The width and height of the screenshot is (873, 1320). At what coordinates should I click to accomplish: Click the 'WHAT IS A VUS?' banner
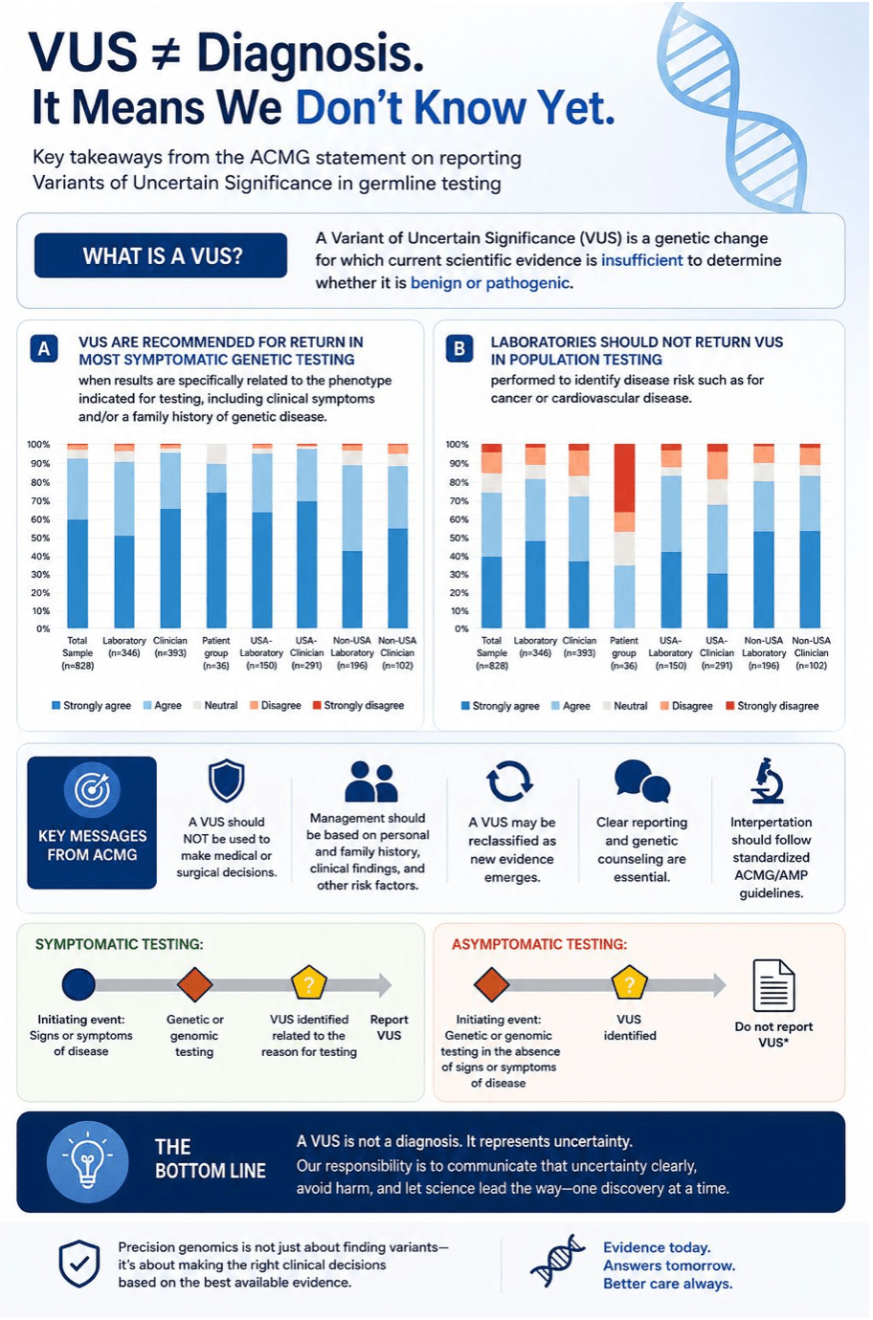point(161,255)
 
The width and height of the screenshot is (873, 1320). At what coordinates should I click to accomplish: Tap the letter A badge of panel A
point(44,349)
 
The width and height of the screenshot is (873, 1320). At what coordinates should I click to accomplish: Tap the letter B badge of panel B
point(459,349)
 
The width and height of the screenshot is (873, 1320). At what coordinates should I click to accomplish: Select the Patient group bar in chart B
point(624,536)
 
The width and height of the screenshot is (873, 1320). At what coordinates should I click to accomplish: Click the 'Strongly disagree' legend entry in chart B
point(772,706)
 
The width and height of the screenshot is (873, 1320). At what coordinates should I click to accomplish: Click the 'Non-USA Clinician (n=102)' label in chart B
point(811,653)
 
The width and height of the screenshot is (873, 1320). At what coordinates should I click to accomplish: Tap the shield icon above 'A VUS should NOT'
point(227,781)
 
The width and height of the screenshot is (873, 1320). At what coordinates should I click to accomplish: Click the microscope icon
point(768,781)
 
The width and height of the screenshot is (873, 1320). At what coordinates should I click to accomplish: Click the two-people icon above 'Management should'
point(371,781)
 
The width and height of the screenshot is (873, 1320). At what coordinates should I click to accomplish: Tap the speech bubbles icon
point(641,781)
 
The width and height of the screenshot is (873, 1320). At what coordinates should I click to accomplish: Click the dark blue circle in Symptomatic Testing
point(78,984)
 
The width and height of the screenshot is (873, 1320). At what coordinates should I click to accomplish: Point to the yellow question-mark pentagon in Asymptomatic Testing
point(630,983)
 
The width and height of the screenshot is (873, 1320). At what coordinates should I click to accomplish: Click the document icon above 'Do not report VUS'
point(773,985)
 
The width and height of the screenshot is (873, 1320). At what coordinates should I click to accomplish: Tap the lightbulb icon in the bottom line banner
point(87,1161)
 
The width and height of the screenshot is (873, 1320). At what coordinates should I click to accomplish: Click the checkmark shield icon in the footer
point(79,1264)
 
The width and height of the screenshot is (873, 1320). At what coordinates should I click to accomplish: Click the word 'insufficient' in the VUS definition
point(641,260)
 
